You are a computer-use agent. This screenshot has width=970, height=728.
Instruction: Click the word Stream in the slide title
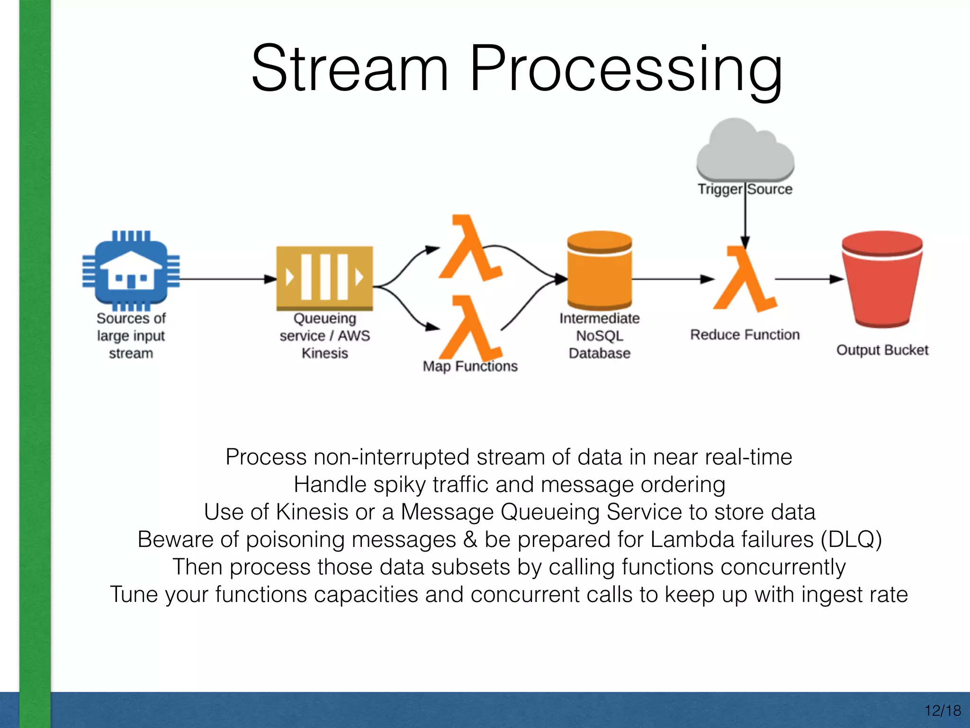(350, 69)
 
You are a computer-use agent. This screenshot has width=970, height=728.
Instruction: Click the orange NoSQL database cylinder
(600, 271)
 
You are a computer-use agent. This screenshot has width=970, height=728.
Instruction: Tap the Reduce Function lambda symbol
(745, 280)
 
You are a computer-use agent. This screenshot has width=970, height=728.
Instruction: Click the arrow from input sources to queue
(227, 279)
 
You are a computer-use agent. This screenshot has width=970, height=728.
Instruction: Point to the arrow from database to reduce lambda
(673, 279)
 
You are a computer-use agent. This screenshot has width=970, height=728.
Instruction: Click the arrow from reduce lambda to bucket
(809, 279)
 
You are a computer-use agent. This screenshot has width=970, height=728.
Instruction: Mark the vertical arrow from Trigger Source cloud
(745, 218)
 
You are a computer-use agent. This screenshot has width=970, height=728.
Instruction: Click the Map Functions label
(470, 366)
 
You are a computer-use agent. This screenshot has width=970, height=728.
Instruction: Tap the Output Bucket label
(882, 350)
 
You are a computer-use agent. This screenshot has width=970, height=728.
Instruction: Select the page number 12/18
(942, 710)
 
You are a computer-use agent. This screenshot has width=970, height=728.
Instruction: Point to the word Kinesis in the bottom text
(312, 512)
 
